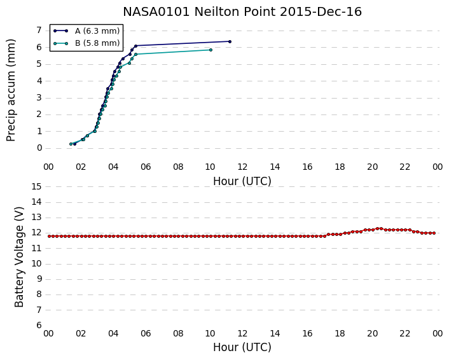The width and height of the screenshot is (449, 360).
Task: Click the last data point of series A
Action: (230, 41)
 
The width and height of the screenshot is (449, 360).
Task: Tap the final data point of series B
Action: (211, 50)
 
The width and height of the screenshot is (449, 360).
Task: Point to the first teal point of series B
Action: (71, 144)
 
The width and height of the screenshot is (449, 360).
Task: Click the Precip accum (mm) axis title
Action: (11, 90)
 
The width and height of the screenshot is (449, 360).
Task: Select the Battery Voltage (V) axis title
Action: (19, 257)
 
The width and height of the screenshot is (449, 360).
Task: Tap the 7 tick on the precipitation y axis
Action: (39, 30)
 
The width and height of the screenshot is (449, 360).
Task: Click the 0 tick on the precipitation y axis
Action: (39, 148)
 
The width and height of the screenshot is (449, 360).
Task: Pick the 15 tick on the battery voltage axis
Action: (36, 187)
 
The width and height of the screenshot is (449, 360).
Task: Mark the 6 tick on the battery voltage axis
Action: (39, 325)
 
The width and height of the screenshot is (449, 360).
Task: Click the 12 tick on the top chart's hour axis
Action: (242, 167)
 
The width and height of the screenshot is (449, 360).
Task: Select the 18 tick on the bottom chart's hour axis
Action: (340, 334)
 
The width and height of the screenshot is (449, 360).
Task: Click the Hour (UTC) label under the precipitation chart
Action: (242, 181)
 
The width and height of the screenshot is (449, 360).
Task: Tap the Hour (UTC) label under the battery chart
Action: (242, 347)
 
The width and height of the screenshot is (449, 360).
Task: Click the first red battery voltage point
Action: (49, 236)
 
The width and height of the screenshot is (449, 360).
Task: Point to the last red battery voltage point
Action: (434, 233)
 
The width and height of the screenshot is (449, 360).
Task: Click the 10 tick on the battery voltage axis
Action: (36, 264)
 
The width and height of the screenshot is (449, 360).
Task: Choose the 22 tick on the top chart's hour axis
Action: (405, 167)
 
